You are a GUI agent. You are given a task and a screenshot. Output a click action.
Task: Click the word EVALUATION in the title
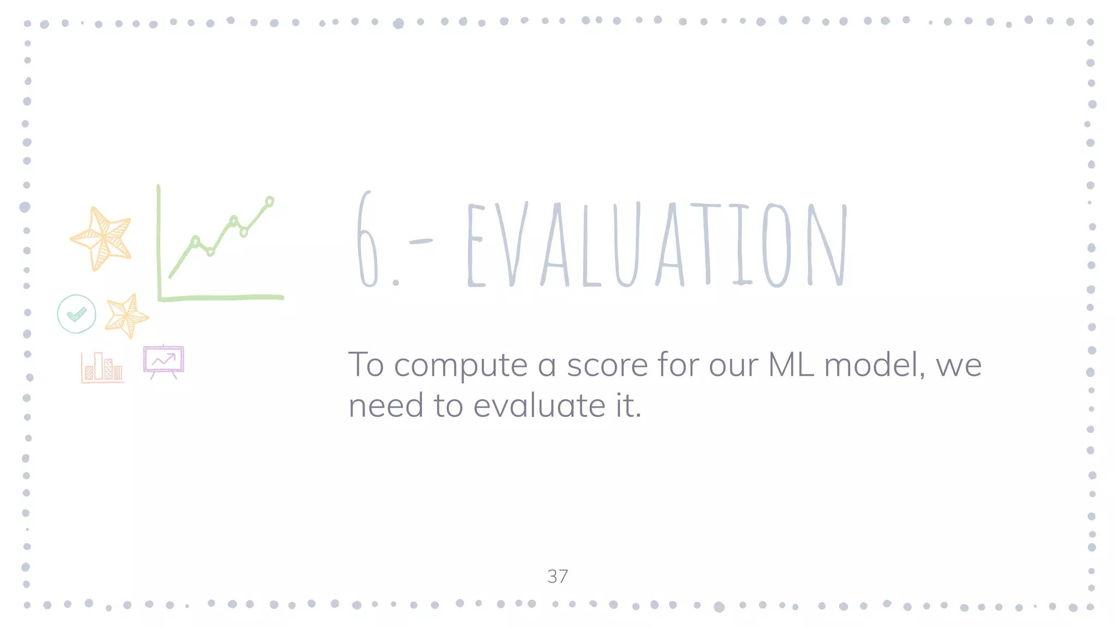click(x=657, y=244)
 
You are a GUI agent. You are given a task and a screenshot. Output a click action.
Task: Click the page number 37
click(x=557, y=576)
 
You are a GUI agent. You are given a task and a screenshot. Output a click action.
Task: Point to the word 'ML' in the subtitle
click(x=791, y=365)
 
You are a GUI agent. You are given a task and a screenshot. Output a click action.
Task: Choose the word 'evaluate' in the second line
click(x=539, y=406)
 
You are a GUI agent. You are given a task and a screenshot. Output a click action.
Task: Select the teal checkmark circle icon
click(x=77, y=314)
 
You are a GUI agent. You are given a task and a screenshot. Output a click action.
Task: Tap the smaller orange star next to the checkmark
click(x=126, y=316)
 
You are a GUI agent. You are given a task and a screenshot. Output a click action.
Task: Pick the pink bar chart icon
click(x=102, y=367)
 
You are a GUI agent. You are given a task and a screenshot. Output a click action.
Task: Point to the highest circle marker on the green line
click(x=270, y=202)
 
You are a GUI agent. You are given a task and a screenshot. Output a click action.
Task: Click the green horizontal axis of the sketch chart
click(x=221, y=298)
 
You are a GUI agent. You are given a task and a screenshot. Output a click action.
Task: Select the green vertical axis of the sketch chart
click(x=159, y=243)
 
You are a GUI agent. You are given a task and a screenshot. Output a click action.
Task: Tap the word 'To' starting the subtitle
click(x=366, y=365)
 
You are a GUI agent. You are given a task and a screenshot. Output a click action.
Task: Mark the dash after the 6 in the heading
click(x=420, y=241)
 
